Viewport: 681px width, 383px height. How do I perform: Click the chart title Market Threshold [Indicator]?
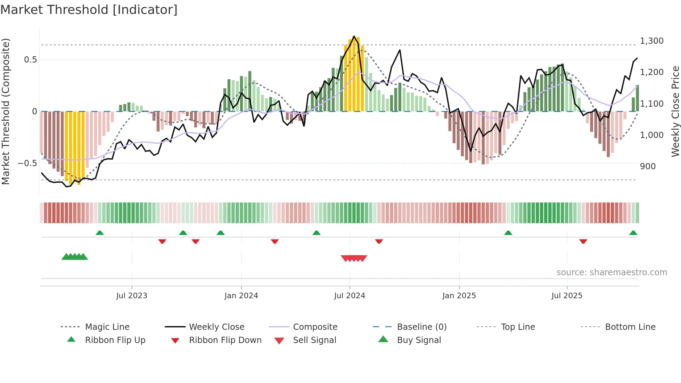89,10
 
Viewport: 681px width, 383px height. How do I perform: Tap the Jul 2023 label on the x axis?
132,296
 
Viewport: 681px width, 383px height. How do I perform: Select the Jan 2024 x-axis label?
241,296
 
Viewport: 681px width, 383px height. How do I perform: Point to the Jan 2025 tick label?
459,296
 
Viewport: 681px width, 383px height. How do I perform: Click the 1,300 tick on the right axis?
652,41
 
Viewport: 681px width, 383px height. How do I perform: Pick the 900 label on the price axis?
648,166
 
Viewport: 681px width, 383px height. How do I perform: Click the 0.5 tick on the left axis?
30,60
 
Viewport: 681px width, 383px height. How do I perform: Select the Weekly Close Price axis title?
675,111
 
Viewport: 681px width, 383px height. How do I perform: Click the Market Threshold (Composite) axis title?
6,111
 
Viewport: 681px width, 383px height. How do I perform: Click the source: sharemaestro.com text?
612,272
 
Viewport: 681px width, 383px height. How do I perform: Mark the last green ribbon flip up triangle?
633,233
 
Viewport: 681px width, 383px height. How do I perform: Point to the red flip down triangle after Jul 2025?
583,241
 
